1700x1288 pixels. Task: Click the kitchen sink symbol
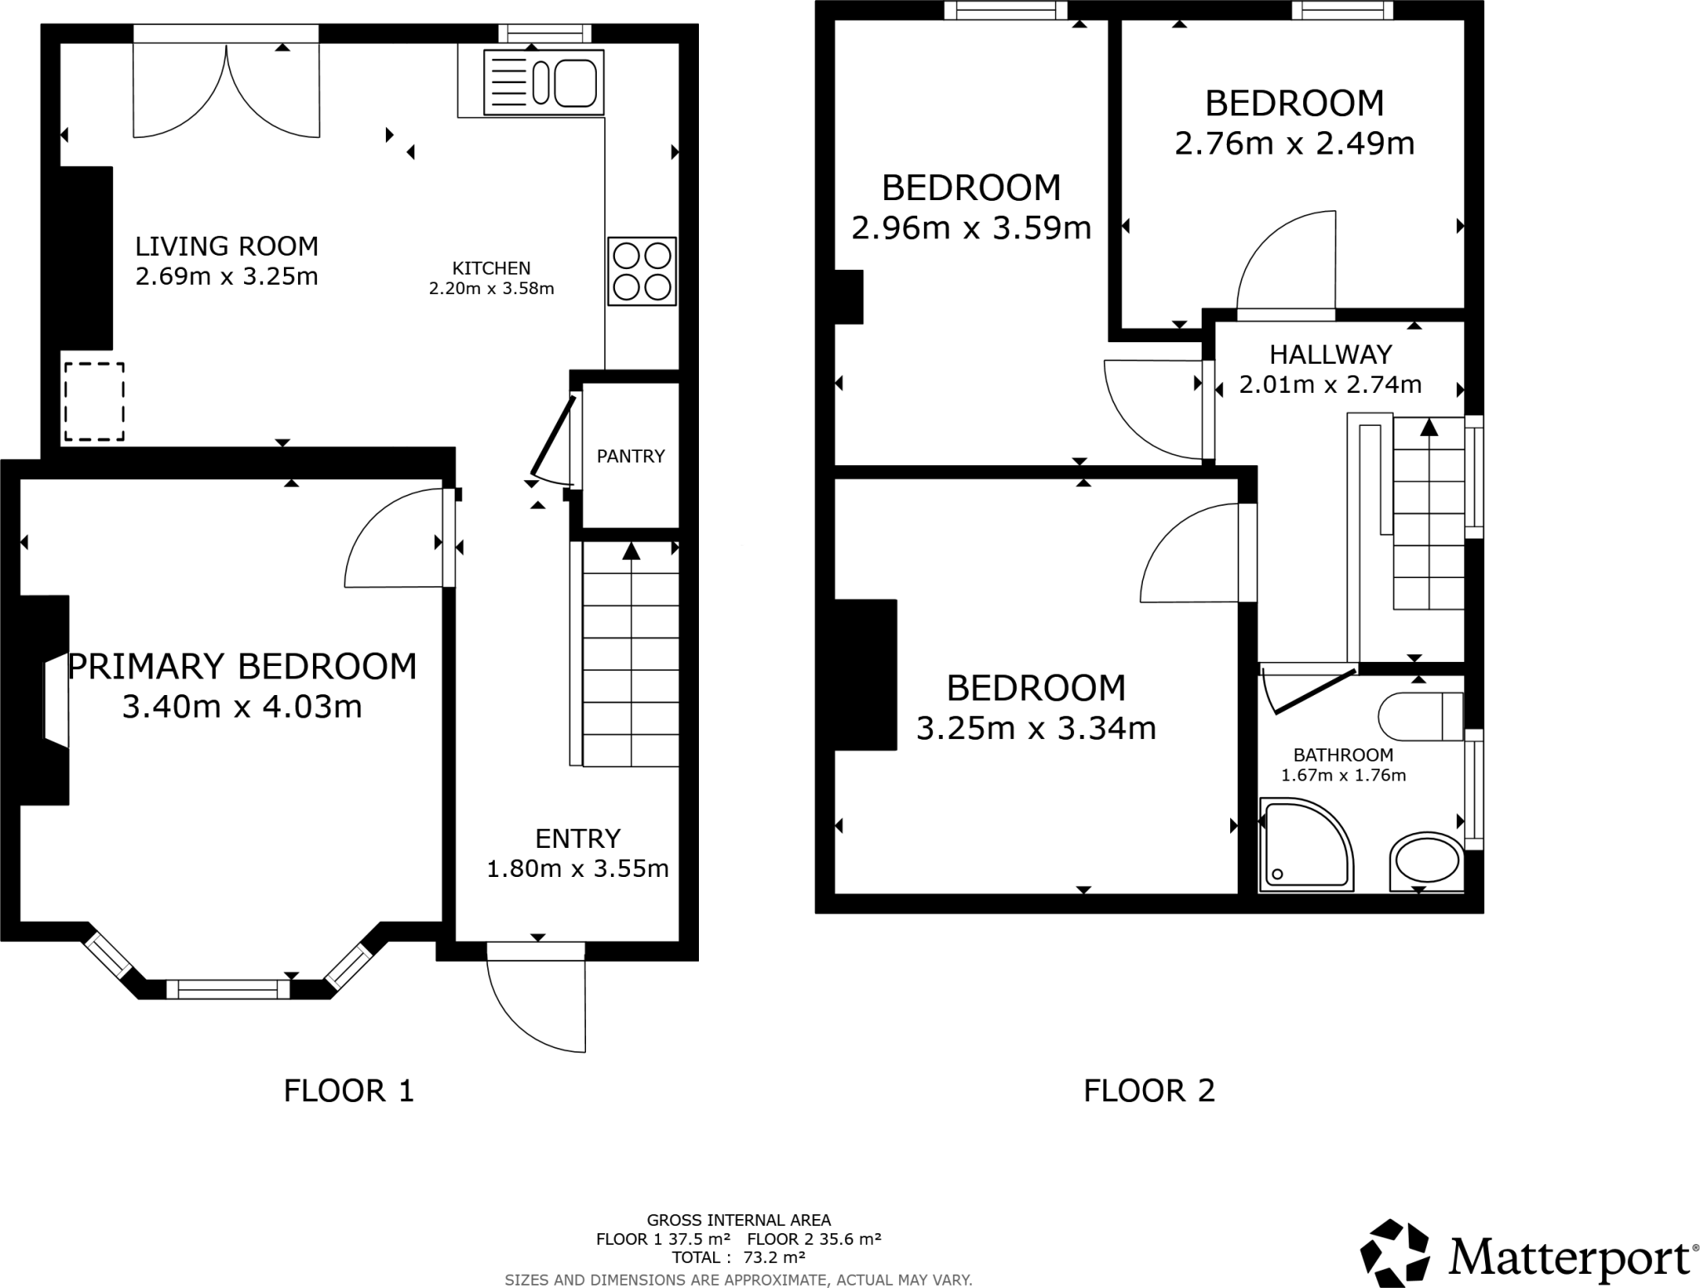544,82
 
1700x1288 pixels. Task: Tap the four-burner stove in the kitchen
642,272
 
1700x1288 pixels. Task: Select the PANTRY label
631,456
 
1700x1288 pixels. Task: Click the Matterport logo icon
1395,1254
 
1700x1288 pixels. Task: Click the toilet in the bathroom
1420,716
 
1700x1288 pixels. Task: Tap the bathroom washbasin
1426,861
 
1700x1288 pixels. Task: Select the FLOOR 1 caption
349,1090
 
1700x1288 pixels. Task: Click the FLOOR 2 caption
1149,1090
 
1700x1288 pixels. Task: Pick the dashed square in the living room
94,401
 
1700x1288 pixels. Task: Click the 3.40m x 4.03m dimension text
242,707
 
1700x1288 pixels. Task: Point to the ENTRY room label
578,839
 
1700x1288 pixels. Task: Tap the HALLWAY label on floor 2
1331,355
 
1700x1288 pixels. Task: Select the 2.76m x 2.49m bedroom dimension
1294,144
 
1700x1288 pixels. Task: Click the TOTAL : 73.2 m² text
739,1257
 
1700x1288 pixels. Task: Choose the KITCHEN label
491,268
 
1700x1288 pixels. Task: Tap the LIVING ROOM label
227,246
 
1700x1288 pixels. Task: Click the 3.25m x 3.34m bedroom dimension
1036,728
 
